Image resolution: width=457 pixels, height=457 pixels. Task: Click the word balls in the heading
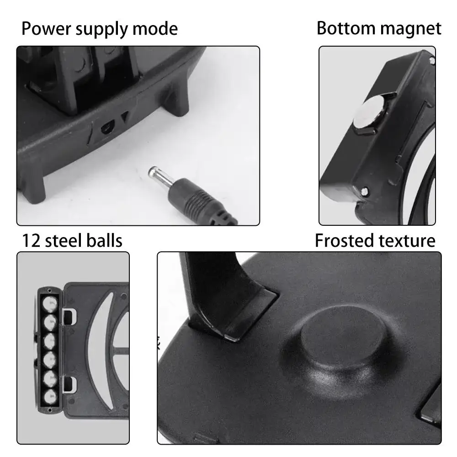106,240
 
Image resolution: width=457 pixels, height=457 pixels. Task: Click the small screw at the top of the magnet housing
430,59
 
